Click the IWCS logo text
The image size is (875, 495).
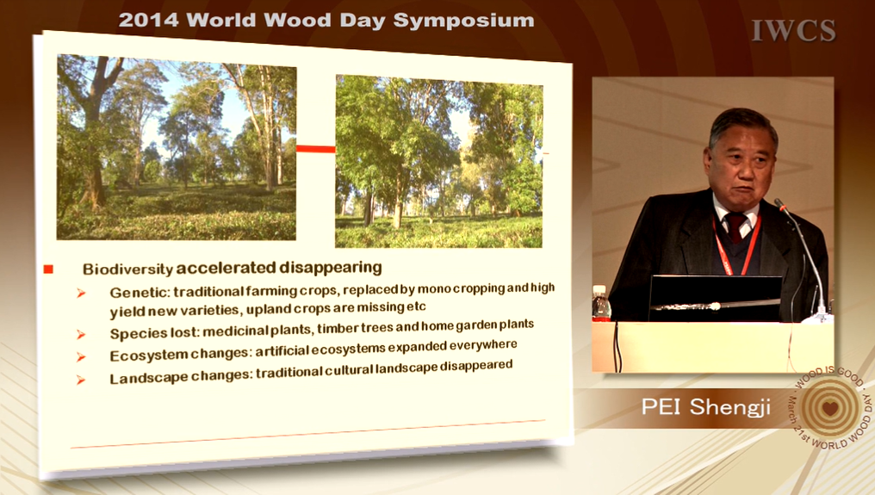coord(793,31)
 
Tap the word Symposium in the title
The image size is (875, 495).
coord(463,22)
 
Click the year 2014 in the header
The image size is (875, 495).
coord(148,20)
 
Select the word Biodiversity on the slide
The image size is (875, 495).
coord(127,269)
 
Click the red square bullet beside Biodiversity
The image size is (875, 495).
coord(48,269)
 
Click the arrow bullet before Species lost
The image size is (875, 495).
coord(81,334)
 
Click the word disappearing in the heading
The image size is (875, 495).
coord(331,268)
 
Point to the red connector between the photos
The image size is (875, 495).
coord(316,149)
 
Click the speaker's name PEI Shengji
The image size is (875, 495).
coord(705,407)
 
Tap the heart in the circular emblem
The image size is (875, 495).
coord(830,408)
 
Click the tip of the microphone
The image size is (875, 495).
coord(779,204)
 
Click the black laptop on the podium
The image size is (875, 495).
coord(715,298)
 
